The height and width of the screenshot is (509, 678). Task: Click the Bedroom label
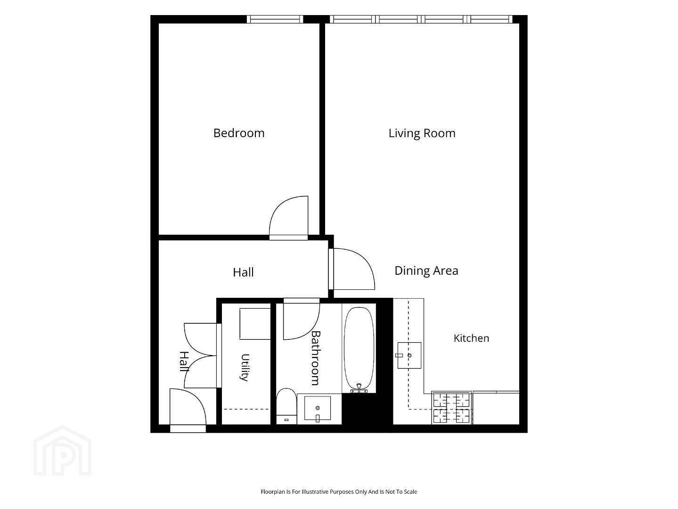click(x=239, y=133)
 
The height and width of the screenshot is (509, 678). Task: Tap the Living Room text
click(x=422, y=133)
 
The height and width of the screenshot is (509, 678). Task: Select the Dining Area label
click(x=426, y=271)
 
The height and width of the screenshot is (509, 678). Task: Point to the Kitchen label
click(x=471, y=338)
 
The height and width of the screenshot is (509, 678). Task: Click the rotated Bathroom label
click(x=316, y=358)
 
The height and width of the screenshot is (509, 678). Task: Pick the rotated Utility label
click(x=245, y=368)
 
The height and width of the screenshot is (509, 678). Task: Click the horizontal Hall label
click(x=243, y=272)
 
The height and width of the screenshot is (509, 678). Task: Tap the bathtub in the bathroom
click(x=359, y=349)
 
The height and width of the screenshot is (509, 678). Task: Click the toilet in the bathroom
click(x=286, y=406)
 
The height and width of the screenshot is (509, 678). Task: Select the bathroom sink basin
click(x=318, y=408)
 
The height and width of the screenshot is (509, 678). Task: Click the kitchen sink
click(x=409, y=355)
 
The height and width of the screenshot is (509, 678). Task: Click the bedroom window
click(x=275, y=19)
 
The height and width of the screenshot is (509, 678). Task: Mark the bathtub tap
click(x=359, y=388)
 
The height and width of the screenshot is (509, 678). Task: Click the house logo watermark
click(x=62, y=451)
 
